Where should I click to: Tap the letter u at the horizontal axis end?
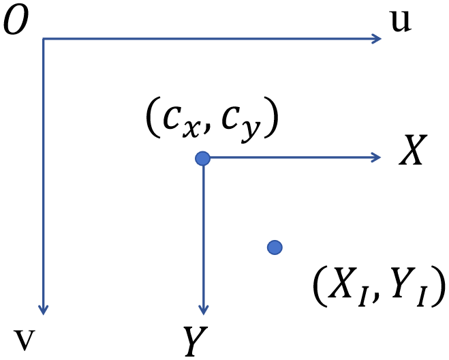coord(401,22)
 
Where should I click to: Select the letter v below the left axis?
coord(25,340)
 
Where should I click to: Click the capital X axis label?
coord(413,149)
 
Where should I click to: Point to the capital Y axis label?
coord(196,341)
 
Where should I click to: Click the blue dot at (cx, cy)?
coord(203,158)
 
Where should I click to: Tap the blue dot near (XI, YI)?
coord(275,247)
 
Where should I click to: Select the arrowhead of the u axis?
coord(377,39)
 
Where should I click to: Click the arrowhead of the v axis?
coord(43,310)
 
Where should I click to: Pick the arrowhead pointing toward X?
coord(375,157)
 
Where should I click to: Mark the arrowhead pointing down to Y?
coord(203,310)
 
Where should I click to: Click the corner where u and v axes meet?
coord(43,39)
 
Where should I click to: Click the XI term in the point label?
coord(348,286)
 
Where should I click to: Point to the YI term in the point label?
coord(407,286)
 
